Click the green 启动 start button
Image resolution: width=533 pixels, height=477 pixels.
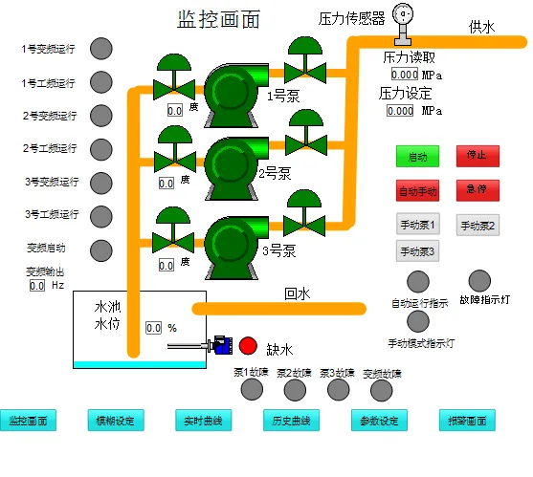tap(418, 156)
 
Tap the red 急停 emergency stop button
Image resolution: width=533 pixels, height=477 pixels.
tap(477, 189)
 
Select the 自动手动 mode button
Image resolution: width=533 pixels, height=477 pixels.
tap(418, 189)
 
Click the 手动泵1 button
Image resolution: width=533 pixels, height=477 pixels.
tap(418, 226)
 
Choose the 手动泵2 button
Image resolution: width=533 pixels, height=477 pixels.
tap(477, 226)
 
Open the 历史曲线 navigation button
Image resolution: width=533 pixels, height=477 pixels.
tap(290, 421)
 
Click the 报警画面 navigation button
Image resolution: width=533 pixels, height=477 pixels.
tap(467, 421)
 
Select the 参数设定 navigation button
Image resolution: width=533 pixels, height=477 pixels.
tap(379, 421)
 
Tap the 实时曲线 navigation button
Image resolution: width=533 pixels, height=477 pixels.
tap(203, 421)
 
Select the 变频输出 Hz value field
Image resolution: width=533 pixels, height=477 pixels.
tap(37, 285)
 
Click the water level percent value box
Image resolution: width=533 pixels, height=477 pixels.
tap(154, 328)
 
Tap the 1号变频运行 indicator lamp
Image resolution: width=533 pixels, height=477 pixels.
tap(100, 49)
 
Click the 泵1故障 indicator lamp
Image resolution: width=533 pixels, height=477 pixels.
tap(251, 389)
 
